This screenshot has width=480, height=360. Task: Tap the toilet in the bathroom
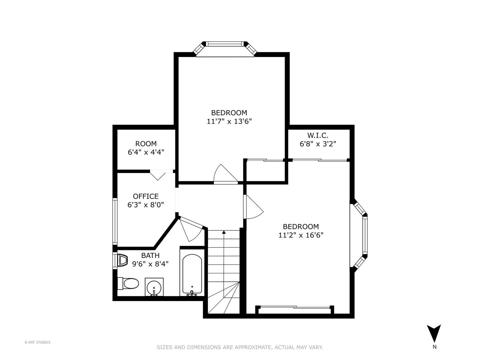coord(128,283)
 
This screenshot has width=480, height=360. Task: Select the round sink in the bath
coord(154,287)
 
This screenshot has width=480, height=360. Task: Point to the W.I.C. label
coord(318,135)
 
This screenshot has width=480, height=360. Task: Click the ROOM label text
coord(146,144)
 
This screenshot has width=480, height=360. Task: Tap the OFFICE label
coord(146,196)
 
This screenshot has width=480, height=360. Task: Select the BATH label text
coord(150,255)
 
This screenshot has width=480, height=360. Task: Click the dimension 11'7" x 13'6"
coord(229,121)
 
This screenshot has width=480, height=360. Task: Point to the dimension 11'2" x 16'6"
coord(301,235)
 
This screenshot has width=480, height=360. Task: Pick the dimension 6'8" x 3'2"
coord(318,144)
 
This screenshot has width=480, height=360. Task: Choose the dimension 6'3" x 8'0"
coord(146,205)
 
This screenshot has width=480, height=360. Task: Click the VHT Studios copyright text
coord(37,342)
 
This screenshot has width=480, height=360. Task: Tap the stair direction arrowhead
coord(224,232)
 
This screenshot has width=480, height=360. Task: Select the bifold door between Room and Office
coord(158,175)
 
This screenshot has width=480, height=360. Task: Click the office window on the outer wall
coord(115,221)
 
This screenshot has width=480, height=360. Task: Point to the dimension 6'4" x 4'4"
coord(146,152)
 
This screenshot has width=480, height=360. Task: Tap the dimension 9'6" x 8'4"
coord(150,264)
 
